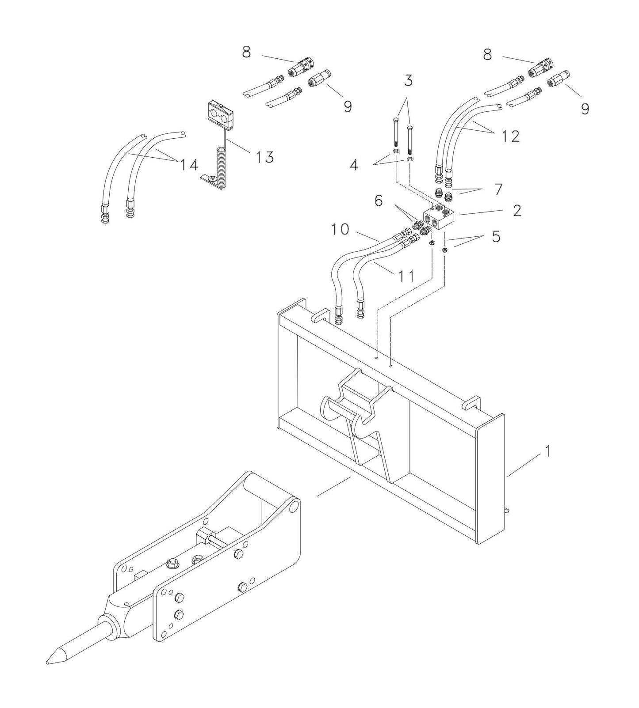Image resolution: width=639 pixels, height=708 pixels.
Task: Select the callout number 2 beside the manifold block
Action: point(517,210)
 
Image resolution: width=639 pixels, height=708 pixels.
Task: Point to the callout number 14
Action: point(189,165)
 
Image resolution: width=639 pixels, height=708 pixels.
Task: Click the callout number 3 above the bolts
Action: point(408,80)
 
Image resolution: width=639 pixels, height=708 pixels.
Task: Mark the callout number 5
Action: point(496,236)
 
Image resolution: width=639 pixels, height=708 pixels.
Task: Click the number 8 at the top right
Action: point(487,55)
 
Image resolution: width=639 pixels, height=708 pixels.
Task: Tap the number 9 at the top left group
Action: point(348,106)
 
